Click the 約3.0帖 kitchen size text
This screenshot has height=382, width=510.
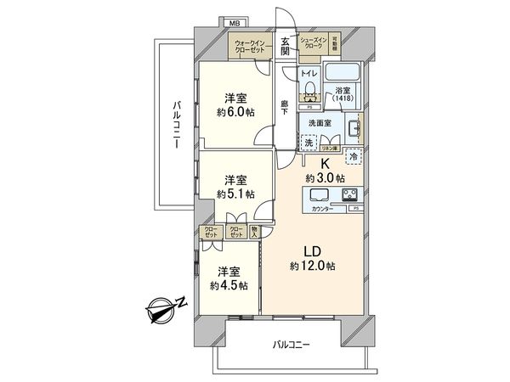point(325,178)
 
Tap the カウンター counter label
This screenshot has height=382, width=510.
point(320,208)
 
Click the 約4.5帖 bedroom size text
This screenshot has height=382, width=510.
point(229,285)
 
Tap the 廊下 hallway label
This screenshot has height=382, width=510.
point(286,108)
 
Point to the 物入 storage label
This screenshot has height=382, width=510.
point(257,230)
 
